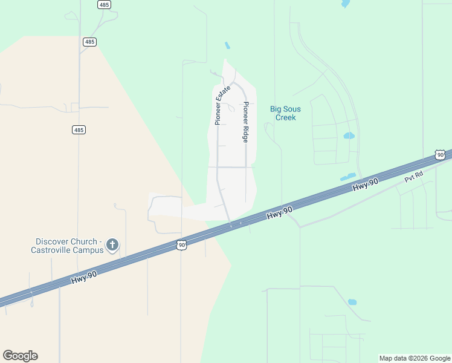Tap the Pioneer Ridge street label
tap(246, 122)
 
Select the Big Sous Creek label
tap(285, 113)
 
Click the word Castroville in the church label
tap(55, 250)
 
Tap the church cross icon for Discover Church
tap(112, 245)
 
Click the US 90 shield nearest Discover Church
tap(182, 244)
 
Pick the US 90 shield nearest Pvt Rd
tap(440, 155)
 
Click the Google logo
tap(20, 356)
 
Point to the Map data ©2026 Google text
tap(415, 358)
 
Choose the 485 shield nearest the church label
tap(79, 129)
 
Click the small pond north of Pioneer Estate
tap(227, 45)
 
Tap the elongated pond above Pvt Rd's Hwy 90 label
tap(347, 177)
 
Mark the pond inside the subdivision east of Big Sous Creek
tap(349, 136)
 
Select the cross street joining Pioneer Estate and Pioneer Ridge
tap(232, 167)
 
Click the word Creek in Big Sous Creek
tap(285, 117)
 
